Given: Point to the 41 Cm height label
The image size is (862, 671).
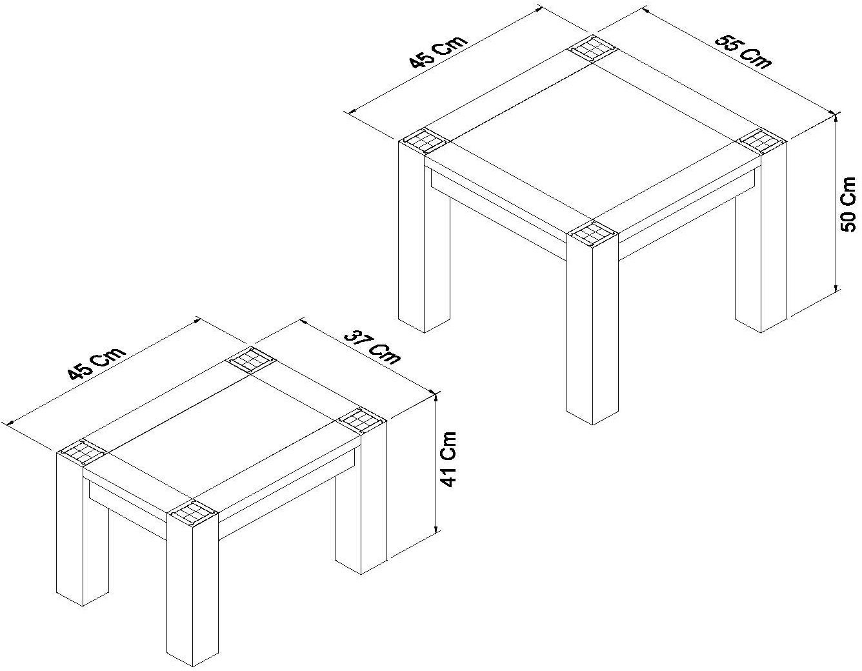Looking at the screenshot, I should pyautogui.click(x=448, y=459).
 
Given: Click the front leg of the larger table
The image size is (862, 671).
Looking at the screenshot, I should pyautogui.click(x=590, y=335).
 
